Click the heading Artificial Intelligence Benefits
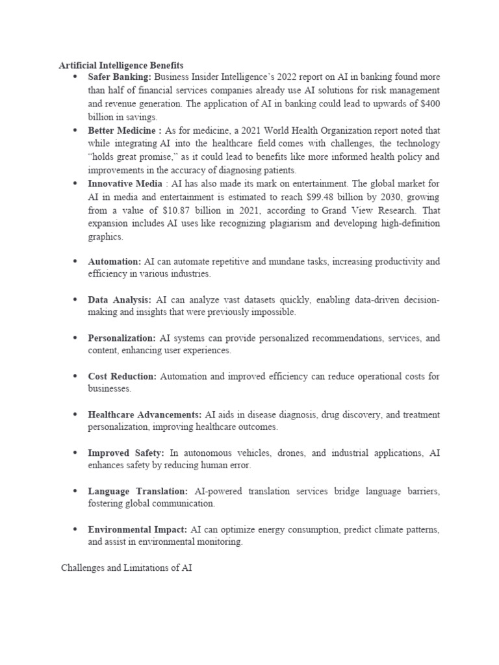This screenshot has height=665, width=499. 121,66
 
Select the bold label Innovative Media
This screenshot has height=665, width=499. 125,184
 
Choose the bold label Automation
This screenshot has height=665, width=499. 114,262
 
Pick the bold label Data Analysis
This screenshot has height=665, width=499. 120,300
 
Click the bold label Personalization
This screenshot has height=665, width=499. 122,338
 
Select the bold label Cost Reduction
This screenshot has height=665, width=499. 122,377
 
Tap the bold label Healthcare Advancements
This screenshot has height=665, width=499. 145,415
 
